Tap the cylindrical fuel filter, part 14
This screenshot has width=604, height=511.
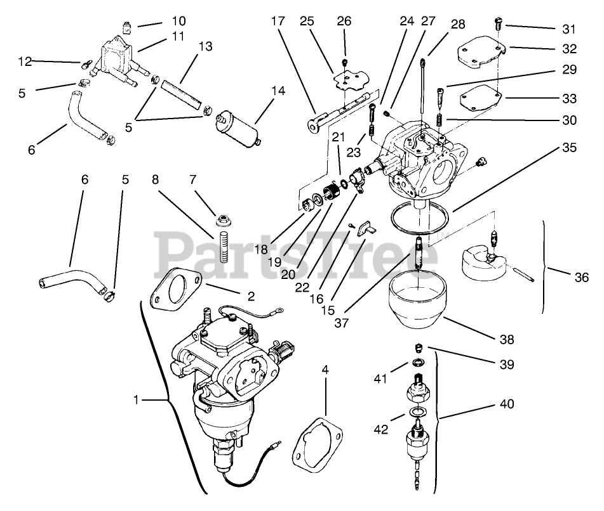click(240, 127)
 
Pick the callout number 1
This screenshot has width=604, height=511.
click(136, 400)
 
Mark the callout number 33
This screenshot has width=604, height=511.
click(570, 98)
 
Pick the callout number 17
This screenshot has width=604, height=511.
click(278, 21)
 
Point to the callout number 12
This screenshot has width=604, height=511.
click(25, 61)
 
